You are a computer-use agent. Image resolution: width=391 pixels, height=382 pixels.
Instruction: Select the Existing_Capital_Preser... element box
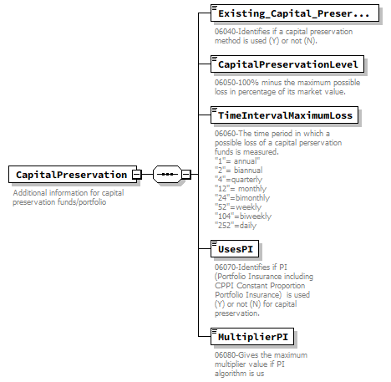coord(291,14)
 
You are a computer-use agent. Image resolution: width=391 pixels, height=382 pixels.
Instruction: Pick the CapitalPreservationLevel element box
coord(287,64)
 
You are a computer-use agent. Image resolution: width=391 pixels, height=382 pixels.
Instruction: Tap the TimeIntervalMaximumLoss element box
coord(285,115)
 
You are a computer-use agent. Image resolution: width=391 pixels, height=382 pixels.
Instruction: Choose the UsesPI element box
coord(236,249)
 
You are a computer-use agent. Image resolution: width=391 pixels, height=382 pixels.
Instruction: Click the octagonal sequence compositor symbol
coord(167,174)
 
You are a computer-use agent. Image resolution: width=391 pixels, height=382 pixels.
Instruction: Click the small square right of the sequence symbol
coord(186,174)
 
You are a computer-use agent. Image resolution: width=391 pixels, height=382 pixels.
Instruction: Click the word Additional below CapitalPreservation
coord(30,193)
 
